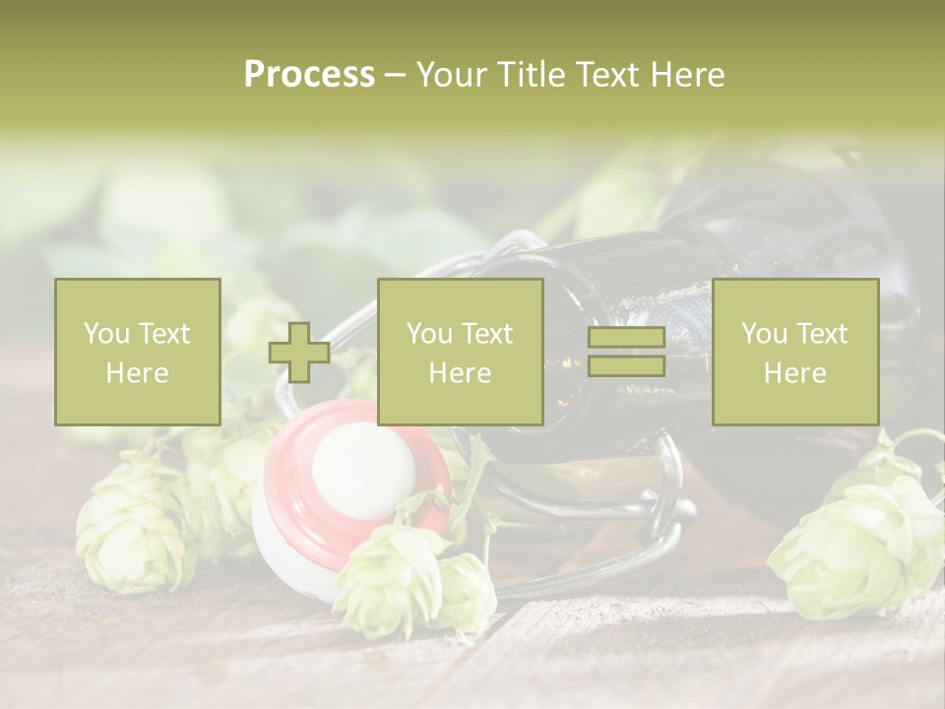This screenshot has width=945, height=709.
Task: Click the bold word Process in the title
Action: [309, 75]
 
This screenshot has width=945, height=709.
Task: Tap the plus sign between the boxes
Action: [299, 353]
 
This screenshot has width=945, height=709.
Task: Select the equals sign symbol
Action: [626, 353]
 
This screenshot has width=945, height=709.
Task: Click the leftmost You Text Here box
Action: [137, 352]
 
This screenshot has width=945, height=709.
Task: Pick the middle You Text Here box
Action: [460, 352]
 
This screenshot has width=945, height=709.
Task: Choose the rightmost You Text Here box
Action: [794, 352]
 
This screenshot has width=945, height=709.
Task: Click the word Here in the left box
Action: [137, 373]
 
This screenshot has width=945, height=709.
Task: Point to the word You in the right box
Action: [762, 334]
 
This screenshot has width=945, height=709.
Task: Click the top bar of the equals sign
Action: [626, 338]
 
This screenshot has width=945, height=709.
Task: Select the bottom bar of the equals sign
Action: [626, 366]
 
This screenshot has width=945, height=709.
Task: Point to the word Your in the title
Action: [454, 75]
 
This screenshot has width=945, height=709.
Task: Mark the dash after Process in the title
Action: [395, 75]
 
